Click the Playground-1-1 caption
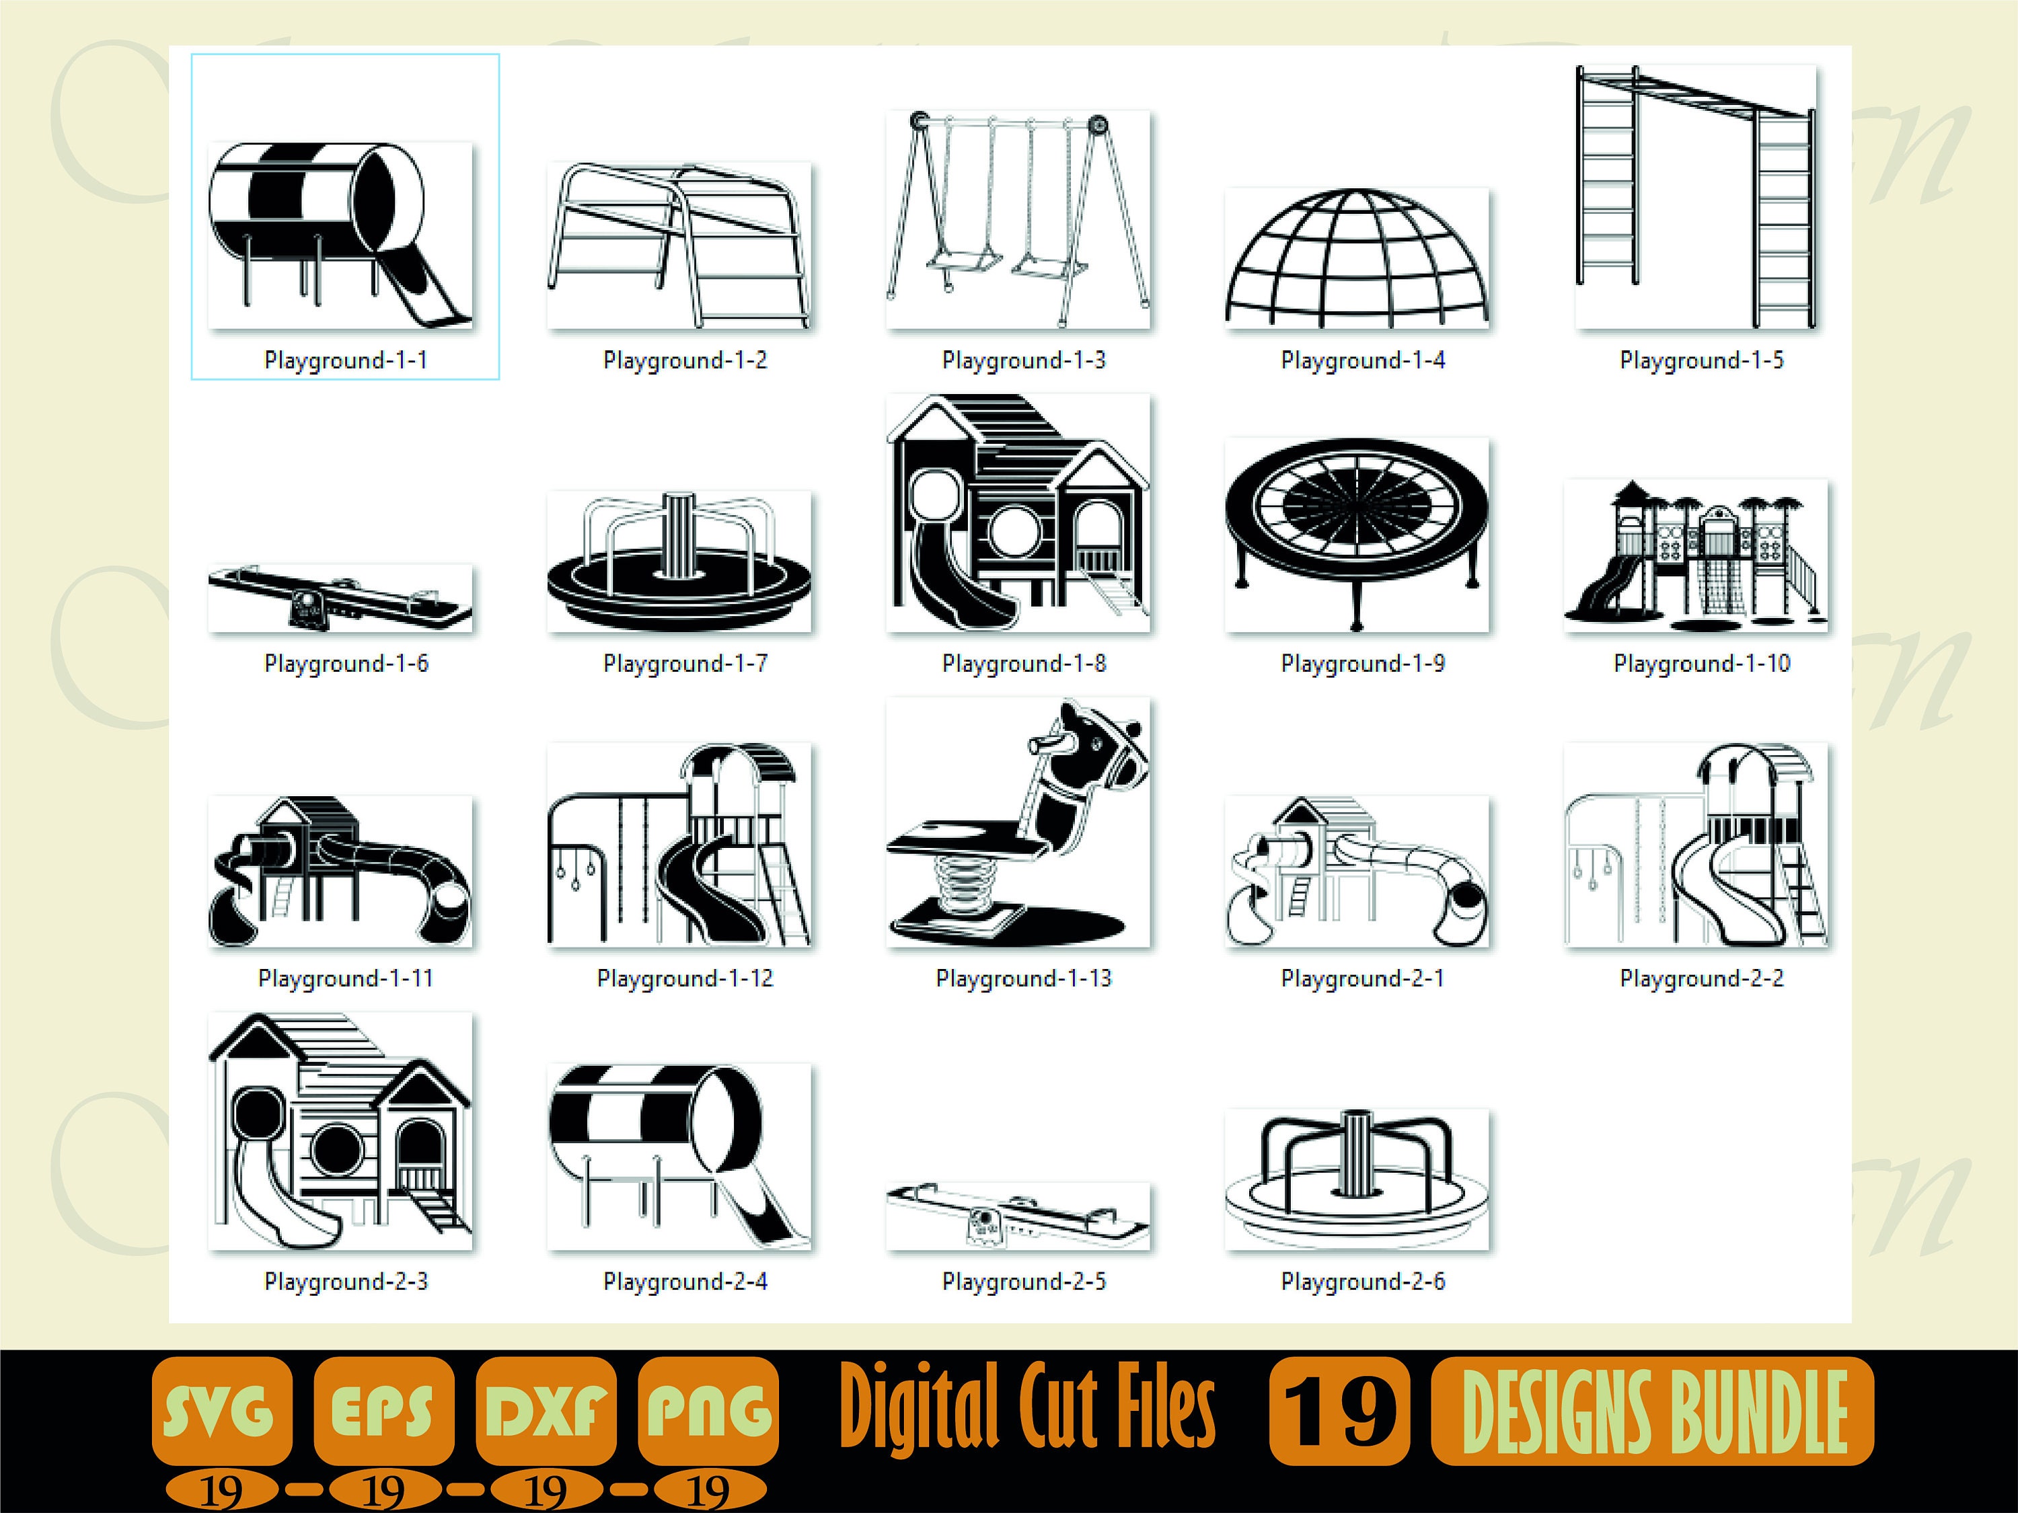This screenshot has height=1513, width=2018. [x=346, y=360]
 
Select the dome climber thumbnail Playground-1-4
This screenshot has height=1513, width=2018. [x=1357, y=258]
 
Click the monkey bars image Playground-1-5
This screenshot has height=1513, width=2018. [x=1696, y=196]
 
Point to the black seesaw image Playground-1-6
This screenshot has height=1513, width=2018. [x=340, y=597]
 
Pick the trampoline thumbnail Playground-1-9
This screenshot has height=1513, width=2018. [x=1357, y=533]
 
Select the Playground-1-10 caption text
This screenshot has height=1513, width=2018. [x=1701, y=664]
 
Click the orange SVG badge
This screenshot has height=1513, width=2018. [x=222, y=1411]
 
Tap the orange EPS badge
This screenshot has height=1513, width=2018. [x=383, y=1411]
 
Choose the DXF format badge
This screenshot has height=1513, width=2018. [x=546, y=1411]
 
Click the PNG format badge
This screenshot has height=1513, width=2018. [x=708, y=1411]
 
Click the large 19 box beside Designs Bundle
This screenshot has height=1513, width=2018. [x=1339, y=1411]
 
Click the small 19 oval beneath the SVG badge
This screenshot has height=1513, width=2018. [x=222, y=1491]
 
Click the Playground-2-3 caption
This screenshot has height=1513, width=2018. [x=346, y=1282]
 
